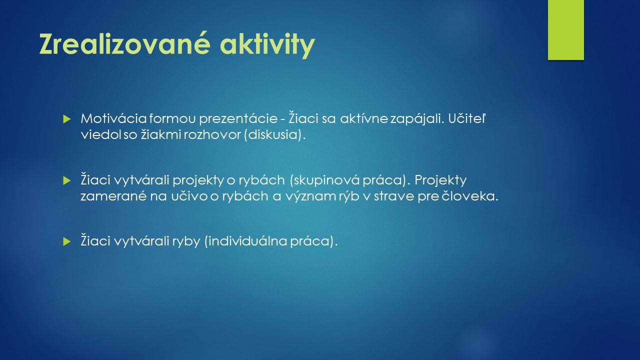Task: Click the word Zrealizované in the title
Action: [x=125, y=44]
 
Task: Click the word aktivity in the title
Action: [x=267, y=45]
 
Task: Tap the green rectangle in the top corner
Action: [x=565, y=30]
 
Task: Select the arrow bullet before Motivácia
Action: [x=67, y=119]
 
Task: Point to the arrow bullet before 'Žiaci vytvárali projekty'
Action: [x=67, y=180]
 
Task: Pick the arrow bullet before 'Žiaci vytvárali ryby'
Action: [x=67, y=241]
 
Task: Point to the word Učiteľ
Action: [x=467, y=118]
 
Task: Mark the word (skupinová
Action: [x=324, y=180]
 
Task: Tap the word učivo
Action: [x=189, y=196]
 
